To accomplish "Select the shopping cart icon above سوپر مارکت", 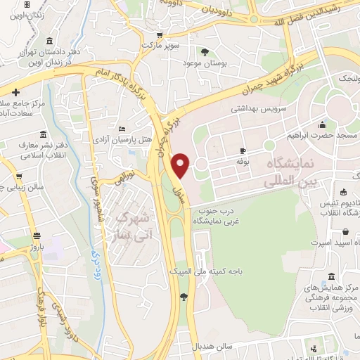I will click(x=160, y=34).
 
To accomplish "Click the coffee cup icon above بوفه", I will click(x=243, y=150).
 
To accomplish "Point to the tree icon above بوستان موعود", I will click(x=205, y=51).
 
